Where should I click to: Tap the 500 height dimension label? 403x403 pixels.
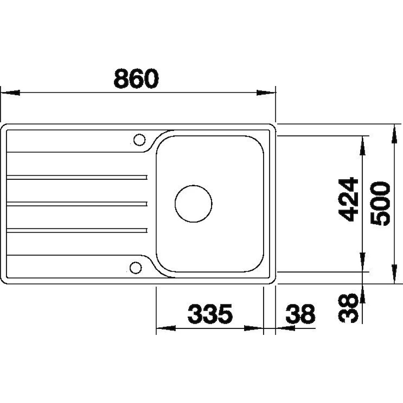click(x=381, y=204)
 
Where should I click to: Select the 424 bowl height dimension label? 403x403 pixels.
click(x=348, y=199)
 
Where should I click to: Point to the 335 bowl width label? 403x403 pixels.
click(x=210, y=314)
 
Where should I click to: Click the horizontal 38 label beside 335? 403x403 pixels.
click(x=300, y=314)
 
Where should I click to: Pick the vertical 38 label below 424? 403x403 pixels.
click(x=348, y=308)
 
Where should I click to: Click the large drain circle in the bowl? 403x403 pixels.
click(x=193, y=204)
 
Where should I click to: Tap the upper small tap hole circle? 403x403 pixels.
click(x=139, y=140)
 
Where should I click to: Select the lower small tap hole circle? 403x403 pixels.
click(x=136, y=268)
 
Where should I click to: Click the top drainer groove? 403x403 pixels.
click(x=77, y=177)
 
